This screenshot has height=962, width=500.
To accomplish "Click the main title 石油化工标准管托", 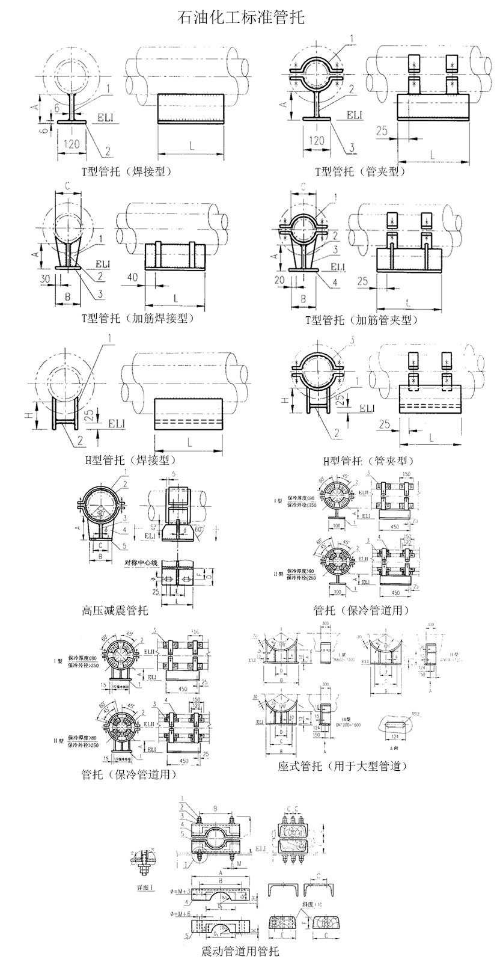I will coord(241,17).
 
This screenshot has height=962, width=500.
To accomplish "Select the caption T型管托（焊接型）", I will coord(127,171).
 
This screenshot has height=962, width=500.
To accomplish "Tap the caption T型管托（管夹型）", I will coord(361,171).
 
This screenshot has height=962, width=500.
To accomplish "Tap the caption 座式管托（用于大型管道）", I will coord(343,766).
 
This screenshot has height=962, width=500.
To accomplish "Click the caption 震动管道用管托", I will coord(240,951).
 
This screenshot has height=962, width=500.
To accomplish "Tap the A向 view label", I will coord(395,748).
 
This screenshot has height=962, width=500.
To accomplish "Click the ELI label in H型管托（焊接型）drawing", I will coord(117,424).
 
